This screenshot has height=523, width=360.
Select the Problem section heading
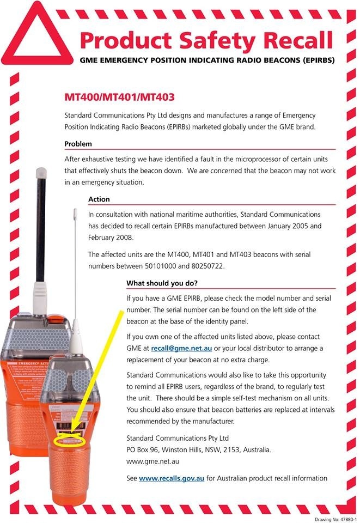(78, 144)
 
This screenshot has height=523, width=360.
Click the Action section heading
(99, 199)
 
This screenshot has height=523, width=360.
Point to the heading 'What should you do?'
(162, 283)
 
